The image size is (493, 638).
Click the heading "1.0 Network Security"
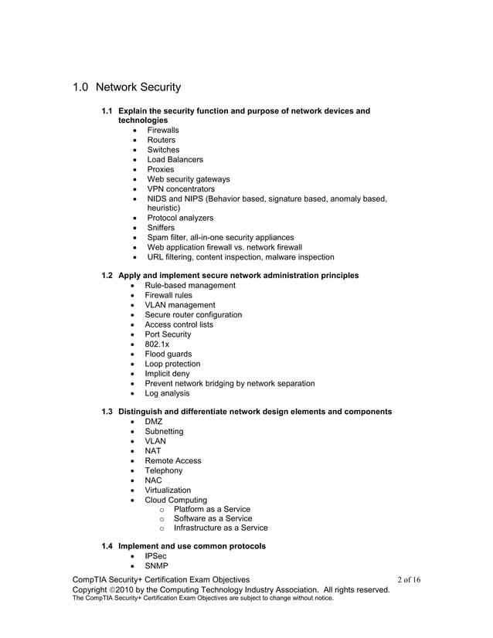click(x=127, y=87)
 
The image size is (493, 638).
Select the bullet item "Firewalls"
click(x=163, y=131)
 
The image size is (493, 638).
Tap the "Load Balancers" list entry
click(x=175, y=160)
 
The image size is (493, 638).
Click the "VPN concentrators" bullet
click(x=181, y=188)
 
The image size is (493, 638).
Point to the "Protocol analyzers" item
click(x=180, y=218)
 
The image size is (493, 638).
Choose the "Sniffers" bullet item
click(x=161, y=228)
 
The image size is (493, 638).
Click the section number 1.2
click(x=109, y=276)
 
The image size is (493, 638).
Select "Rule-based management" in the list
click(x=190, y=286)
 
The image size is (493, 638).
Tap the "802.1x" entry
click(x=157, y=344)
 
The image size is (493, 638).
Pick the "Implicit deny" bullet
click(x=167, y=374)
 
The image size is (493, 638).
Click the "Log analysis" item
click(x=168, y=393)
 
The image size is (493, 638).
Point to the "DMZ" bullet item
click(x=154, y=422)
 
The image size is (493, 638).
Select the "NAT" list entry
click(x=153, y=451)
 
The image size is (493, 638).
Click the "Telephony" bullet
click(x=164, y=470)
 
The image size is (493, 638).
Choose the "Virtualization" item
click(x=168, y=490)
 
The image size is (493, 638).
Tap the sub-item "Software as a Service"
click(x=212, y=518)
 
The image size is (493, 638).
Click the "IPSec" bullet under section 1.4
click(x=155, y=556)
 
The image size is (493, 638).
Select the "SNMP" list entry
click(x=157, y=566)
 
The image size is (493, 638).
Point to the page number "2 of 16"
click(x=408, y=579)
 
